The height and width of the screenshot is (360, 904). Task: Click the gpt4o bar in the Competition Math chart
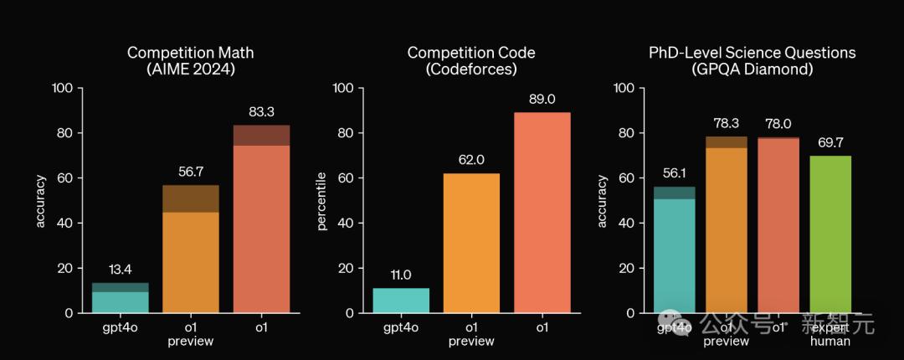120,298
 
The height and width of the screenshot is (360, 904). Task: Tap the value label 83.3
261,112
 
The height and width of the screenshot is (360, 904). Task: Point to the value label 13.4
120,270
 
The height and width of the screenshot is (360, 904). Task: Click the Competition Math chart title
190,61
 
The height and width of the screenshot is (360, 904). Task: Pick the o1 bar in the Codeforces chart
542,213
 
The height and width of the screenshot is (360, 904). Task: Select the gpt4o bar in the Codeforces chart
400,300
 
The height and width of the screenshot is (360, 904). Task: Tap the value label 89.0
542,100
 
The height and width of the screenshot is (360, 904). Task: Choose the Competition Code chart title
471,61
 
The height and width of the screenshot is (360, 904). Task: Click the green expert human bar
830,234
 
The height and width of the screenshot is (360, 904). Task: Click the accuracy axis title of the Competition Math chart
39,201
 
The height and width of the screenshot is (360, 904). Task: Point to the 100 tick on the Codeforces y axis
343,88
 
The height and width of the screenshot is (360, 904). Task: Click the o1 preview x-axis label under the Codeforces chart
471,334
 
